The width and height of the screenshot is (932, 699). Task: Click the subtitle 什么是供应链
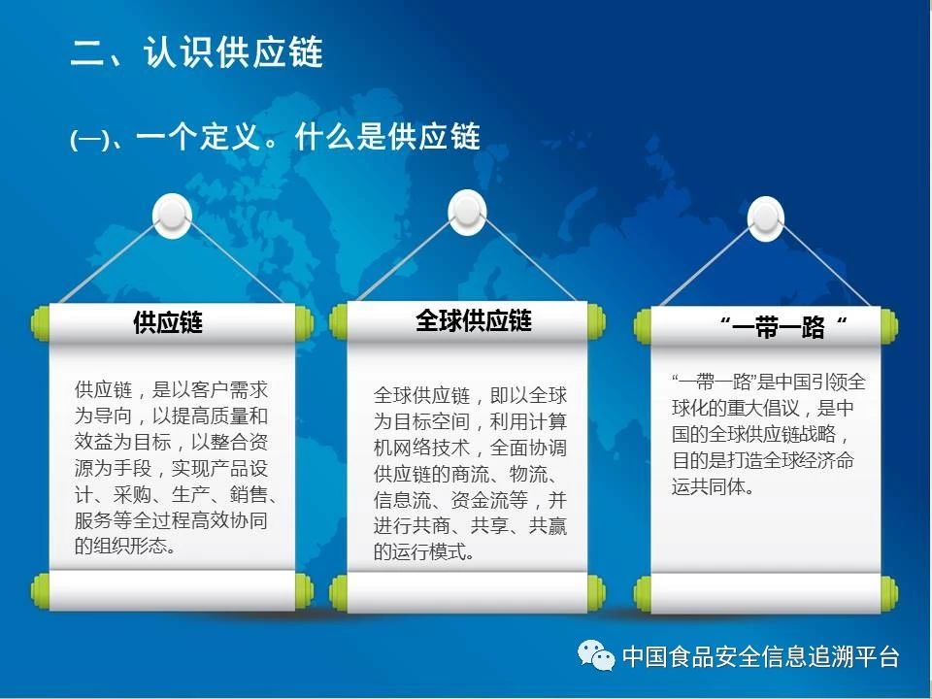click(387, 137)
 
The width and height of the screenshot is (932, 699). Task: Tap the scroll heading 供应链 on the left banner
click(168, 322)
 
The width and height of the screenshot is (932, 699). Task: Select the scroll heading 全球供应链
click(473, 320)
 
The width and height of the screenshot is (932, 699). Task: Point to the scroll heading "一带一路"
click(782, 326)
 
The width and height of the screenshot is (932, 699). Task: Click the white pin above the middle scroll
click(467, 213)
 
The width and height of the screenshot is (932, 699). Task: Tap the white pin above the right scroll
click(766, 218)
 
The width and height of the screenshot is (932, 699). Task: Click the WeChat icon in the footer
click(596, 655)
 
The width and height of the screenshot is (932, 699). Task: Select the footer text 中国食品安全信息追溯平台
click(761, 656)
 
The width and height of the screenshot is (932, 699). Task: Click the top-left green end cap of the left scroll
click(40, 323)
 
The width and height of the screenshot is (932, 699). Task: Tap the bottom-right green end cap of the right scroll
click(889, 593)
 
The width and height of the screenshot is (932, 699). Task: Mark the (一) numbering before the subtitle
click(89, 140)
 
